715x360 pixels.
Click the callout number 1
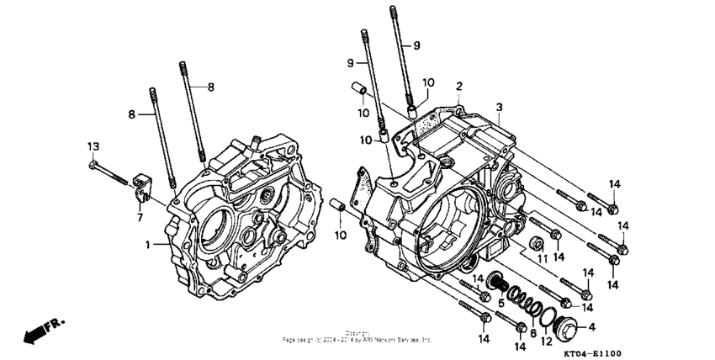(x=146, y=245)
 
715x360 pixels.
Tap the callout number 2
(x=459, y=87)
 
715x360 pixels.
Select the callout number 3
(x=499, y=108)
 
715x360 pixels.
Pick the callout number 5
(x=500, y=302)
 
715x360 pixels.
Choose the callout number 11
(x=540, y=257)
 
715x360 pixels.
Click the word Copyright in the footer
(x=357, y=333)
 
